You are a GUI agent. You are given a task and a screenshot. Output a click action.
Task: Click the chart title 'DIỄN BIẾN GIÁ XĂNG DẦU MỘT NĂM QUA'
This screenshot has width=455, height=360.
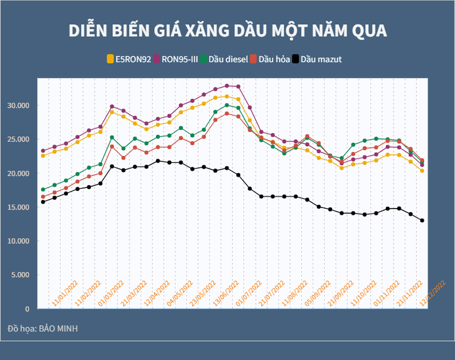227,31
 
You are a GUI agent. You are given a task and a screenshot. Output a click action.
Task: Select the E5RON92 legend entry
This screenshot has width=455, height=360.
128,59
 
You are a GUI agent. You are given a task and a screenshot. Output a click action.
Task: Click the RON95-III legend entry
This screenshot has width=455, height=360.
175,59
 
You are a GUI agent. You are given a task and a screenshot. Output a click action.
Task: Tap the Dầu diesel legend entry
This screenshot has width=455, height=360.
224,59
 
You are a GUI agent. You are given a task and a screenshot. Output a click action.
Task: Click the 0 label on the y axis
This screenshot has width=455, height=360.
27,309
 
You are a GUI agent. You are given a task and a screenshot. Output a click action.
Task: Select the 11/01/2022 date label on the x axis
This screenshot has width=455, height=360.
65,294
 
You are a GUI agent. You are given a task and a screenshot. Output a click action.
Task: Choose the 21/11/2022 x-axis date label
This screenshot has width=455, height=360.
411,294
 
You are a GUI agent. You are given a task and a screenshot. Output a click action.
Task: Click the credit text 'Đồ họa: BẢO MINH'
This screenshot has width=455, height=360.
43,328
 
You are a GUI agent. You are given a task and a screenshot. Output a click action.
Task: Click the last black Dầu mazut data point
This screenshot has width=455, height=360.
422,220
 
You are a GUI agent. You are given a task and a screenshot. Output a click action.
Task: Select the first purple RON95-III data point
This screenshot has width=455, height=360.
43,151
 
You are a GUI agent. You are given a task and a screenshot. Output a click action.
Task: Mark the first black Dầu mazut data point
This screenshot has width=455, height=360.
43,202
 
